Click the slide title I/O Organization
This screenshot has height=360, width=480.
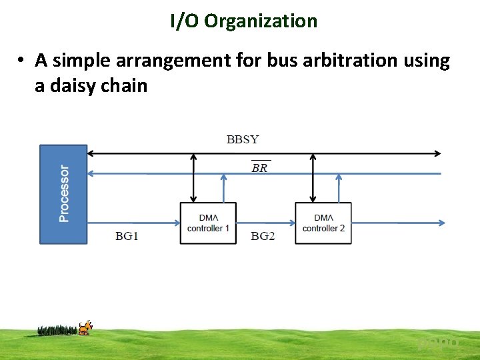point(243,21)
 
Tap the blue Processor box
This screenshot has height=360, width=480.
point(64,193)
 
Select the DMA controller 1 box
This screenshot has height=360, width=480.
point(208,223)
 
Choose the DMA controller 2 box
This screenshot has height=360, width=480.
point(323,223)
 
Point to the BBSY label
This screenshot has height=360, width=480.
point(243,139)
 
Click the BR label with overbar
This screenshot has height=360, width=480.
point(259,167)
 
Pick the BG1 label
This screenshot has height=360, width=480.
point(127,236)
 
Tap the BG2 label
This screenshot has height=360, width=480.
point(263,236)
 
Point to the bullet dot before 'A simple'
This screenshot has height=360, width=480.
point(22,61)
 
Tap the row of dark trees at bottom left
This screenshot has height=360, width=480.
point(58,329)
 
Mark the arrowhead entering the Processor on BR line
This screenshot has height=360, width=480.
point(91,173)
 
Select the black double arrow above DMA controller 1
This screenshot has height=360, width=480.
point(194,177)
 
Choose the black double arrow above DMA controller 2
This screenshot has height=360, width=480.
point(313,177)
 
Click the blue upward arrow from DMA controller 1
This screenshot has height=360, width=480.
point(223,188)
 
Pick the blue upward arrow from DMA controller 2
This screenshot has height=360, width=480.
point(339,188)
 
